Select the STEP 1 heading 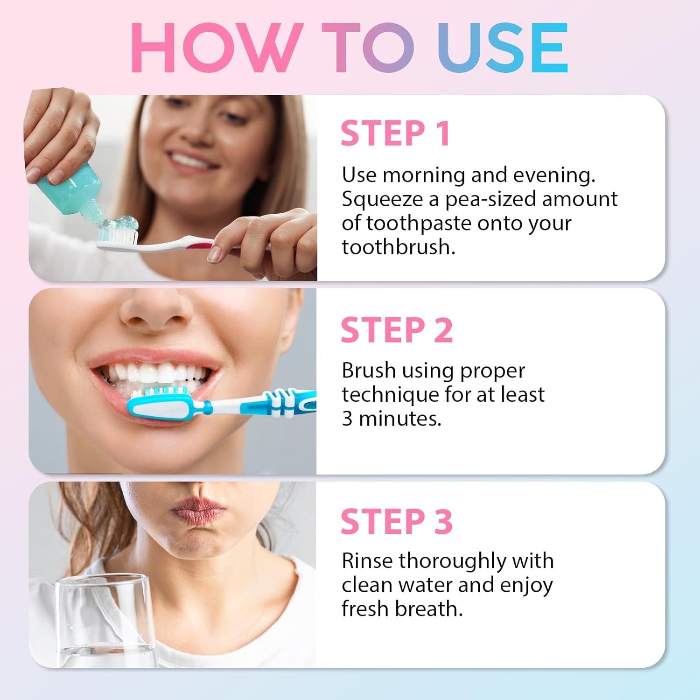coord(395,133)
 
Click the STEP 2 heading coord(397,330)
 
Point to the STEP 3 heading coord(397,521)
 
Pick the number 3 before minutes coord(347,419)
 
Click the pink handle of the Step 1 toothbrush coord(201,243)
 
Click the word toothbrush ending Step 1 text coord(398,247)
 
